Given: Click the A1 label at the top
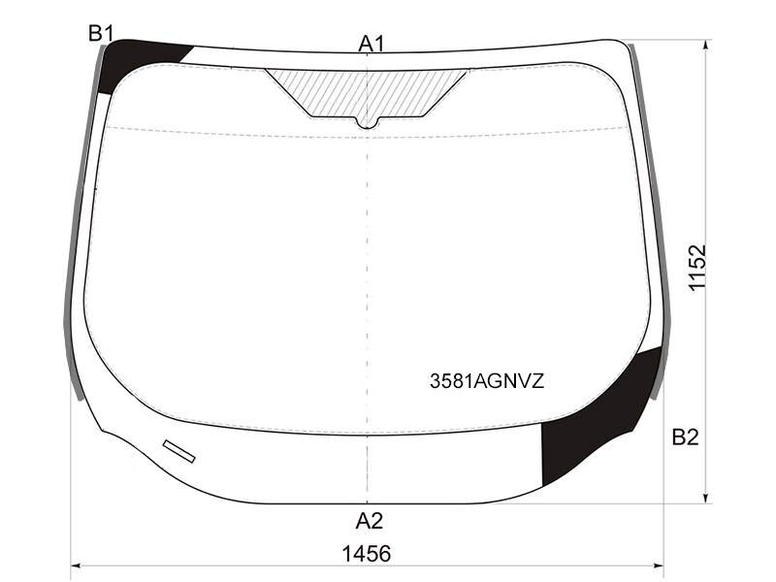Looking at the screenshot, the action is click(371, 44).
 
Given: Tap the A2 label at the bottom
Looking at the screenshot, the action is click(370, 521).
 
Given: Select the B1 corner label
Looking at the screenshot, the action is click(101, 34).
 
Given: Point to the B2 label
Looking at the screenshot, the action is click(685, 437).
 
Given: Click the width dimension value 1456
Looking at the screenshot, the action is click(367, 554).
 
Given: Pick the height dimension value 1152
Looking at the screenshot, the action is click(697, 268).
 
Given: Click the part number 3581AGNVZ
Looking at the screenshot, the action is click(487, 381).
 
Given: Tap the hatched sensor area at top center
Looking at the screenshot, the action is click(367, 95).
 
